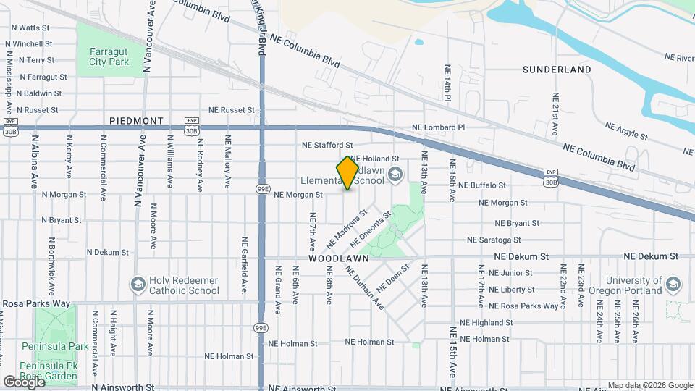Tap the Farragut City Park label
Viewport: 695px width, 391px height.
pyautogui.click(x=108, y=56)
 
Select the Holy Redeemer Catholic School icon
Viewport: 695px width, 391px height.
pyautogui.click(x=138, y=285)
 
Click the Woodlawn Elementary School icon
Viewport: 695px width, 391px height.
pyautogui.click(x=395, y=173)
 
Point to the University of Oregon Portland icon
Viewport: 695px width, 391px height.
pyautogui.click(x=675, y=285)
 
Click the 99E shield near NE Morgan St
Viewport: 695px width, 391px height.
pyautogui.click(x=262, y=190)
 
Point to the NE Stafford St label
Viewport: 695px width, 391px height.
pyautogui.click(x=327, y=146)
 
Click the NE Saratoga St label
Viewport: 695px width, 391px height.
pyautogui.click(x=494, y=240)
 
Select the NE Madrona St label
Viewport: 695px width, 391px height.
pyautogui.click(x=347, y=226)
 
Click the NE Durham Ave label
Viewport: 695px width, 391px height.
pyautogui.click(x=364, y=287)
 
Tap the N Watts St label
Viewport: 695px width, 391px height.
pyautogui.click(x=30, y=28)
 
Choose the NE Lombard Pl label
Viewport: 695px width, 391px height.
pyautogui.click(x=438, y=127)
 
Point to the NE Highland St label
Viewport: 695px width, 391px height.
pyautogui.click(x=486, y=323)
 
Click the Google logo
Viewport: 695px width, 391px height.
pyautogui.click(x=24, y=381)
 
